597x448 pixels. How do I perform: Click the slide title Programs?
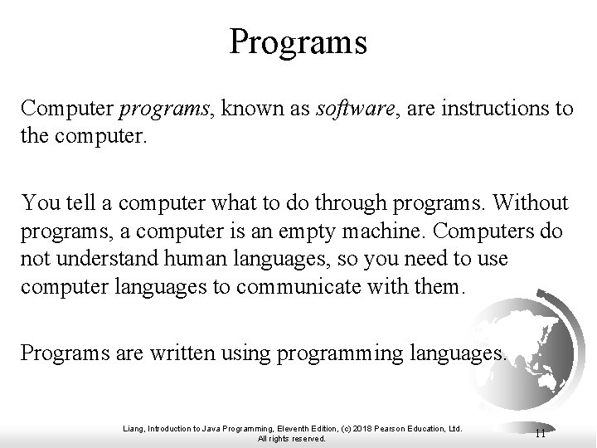(298, 41)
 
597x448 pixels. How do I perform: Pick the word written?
(180, 354)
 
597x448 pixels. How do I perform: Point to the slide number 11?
(540, 433)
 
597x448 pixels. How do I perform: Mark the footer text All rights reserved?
(292, 439)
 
